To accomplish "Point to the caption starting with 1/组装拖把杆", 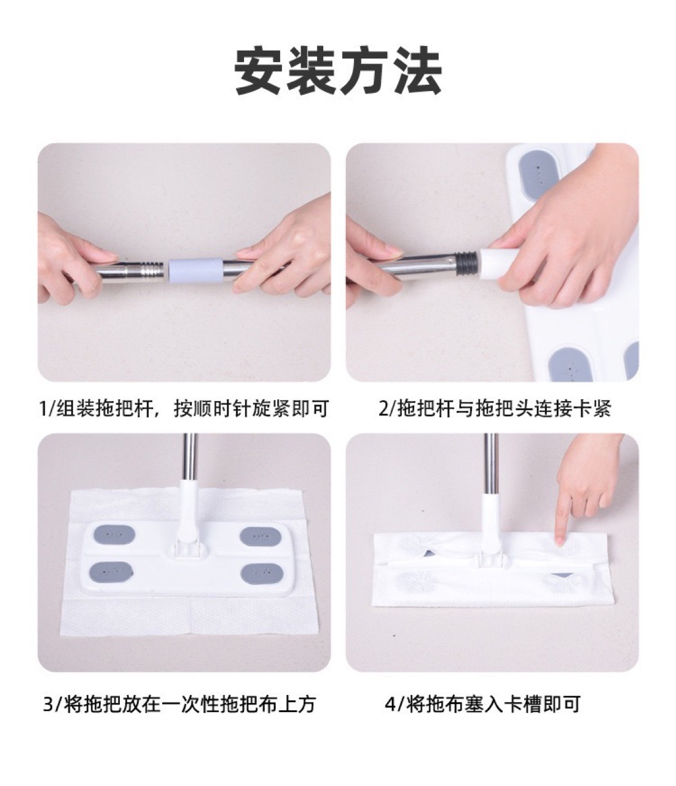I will click(184, 408).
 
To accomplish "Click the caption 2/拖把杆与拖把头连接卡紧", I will click(495, 408).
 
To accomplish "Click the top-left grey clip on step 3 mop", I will click(111, 535).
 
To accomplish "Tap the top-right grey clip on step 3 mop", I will click(256, 536).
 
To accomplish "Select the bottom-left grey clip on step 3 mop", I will click(111, 572).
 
